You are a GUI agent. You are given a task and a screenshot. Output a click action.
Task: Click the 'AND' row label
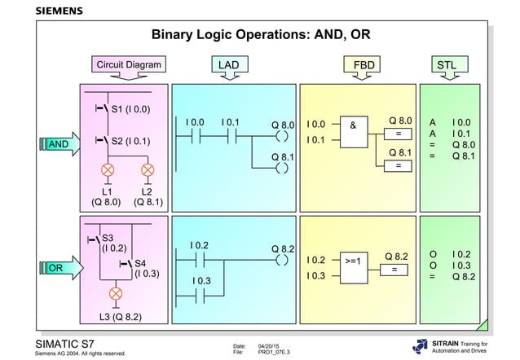pos(58,144)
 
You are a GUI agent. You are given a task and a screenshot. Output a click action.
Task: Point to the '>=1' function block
pos(353,261)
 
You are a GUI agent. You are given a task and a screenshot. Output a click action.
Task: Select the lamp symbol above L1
pos(107,169)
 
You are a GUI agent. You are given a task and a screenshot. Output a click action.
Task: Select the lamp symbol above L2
pos(148,169)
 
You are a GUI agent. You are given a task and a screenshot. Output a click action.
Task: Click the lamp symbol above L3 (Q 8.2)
pos(116,292)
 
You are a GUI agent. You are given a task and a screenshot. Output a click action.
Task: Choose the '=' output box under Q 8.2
pos(394,270)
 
